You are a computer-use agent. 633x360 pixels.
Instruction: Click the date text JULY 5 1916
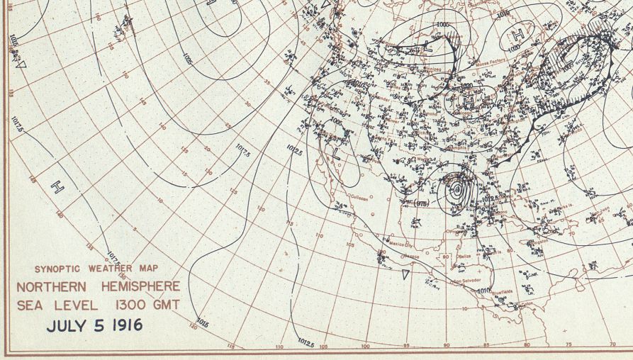(x=95, y=325)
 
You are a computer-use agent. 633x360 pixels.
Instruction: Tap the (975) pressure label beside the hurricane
(x=422, y=204)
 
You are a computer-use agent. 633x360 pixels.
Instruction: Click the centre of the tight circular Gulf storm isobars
(x=457, y=189)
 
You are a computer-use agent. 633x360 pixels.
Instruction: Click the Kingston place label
(x=538, y=242)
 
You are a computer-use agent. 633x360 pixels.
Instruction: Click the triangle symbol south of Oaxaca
(x=405, y=274)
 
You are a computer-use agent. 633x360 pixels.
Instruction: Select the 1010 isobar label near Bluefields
(x=483, y=290)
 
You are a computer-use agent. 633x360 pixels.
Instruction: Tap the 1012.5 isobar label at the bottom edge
(x=306, y=343)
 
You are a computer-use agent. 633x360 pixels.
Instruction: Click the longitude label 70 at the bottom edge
(x=612, y=344)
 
